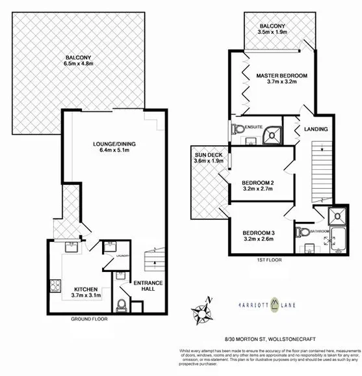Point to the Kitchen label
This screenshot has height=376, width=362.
pyautogui.click(x=86, y=289)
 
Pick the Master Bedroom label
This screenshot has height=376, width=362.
pyautogui.click(x=281, y=76)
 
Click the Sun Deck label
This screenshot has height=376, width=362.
pyautogui.click(x=208, y=155)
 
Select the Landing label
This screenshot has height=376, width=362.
pyautogui.click(x=316, y=129)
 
